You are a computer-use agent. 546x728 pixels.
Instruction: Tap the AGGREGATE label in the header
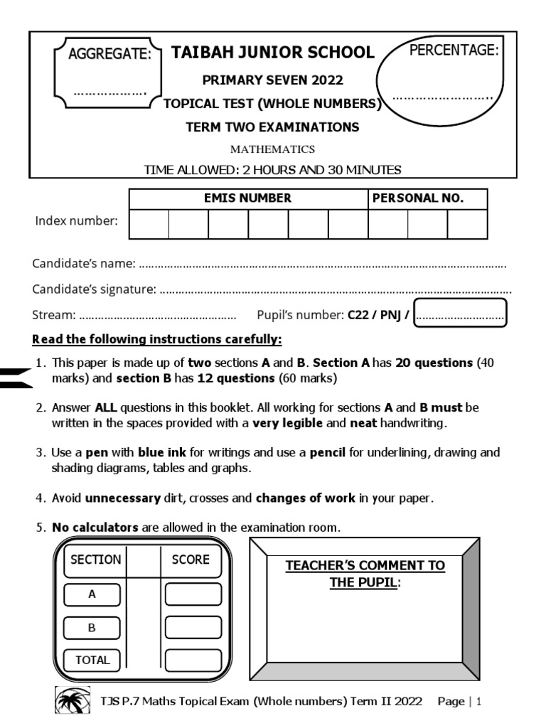(109, 54)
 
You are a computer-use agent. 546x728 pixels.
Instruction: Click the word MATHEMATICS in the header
(272, 149)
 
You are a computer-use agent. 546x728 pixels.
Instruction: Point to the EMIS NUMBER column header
(247, 198)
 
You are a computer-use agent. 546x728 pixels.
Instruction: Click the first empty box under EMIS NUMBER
(149, 224)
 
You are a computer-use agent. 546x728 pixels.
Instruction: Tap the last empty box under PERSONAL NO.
(467, 224)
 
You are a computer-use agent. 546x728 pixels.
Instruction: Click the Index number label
(76, 221)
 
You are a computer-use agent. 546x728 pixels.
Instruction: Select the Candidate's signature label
(94, 289)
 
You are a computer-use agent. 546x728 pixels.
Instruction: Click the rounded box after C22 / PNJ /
(460, 314)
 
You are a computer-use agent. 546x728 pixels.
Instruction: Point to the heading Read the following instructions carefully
(157, 338)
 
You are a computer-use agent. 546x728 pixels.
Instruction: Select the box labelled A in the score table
(92, 594)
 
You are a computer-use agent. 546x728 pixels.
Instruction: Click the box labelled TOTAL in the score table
(92, 660)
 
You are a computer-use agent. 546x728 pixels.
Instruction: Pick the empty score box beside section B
(193, 627)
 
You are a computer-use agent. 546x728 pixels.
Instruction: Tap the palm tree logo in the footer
(73, 701)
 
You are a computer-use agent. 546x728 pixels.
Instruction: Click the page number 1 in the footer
(479, 702)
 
